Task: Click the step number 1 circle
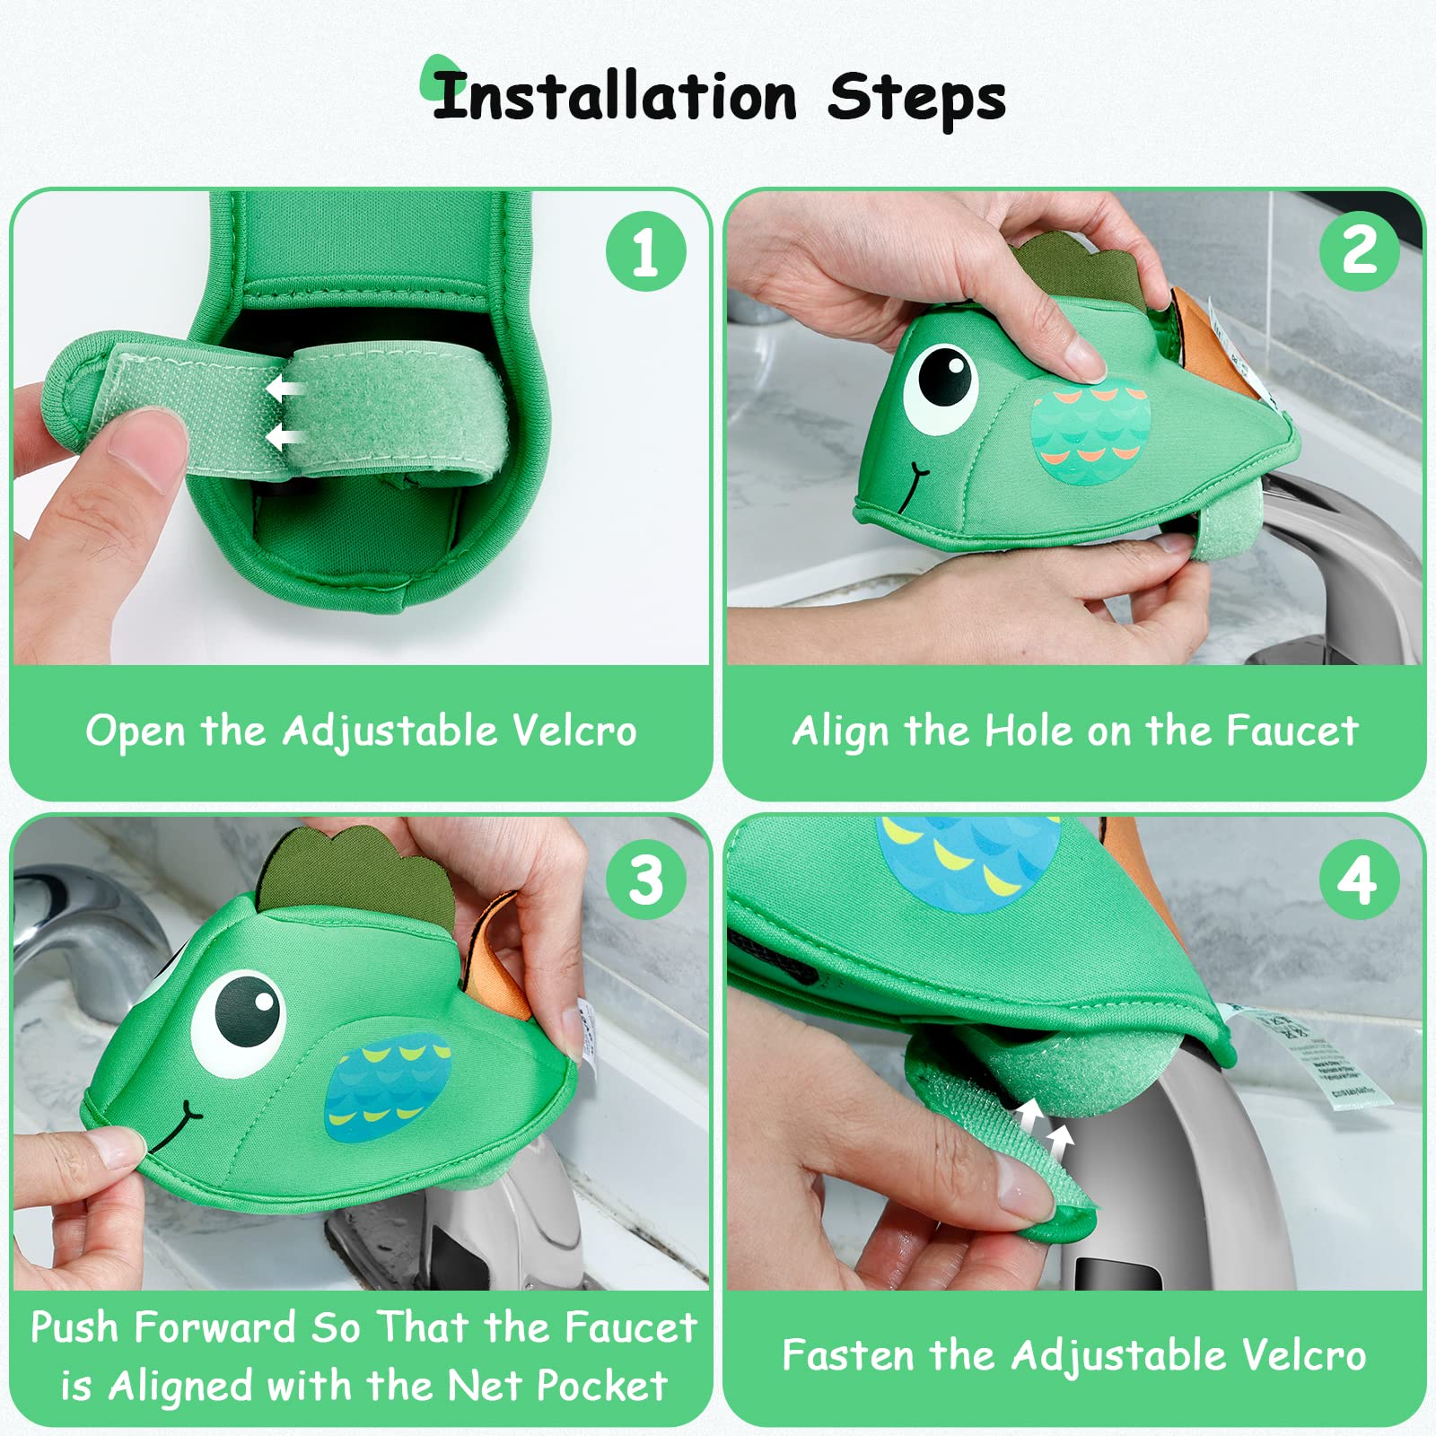tap(645, 251)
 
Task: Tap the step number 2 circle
tap(1359, 251)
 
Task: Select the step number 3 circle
tap(645, 880)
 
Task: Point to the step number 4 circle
tap(1359, 880)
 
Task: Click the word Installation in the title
tap(615, 97)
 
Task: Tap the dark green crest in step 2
tap(1086, 269)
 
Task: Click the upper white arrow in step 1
tap(285, 390)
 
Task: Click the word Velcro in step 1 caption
tap(574, 731)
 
